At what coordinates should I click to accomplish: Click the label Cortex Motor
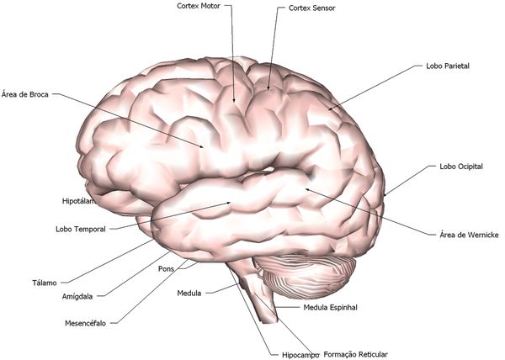(198, 6)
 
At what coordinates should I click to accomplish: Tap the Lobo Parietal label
(447, 65)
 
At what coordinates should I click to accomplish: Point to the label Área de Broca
(26, 94)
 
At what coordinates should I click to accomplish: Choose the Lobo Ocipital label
(460, 167)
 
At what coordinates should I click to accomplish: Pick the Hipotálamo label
(80, 202)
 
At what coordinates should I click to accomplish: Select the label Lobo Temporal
(81, 229)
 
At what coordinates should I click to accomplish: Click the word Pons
(166, 269)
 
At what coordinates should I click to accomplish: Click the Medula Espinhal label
(330, 308)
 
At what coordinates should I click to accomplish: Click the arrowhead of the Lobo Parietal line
(329, 110)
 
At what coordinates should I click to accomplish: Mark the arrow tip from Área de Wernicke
(306, 189)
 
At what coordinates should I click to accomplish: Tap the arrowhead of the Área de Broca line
(205, 148)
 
